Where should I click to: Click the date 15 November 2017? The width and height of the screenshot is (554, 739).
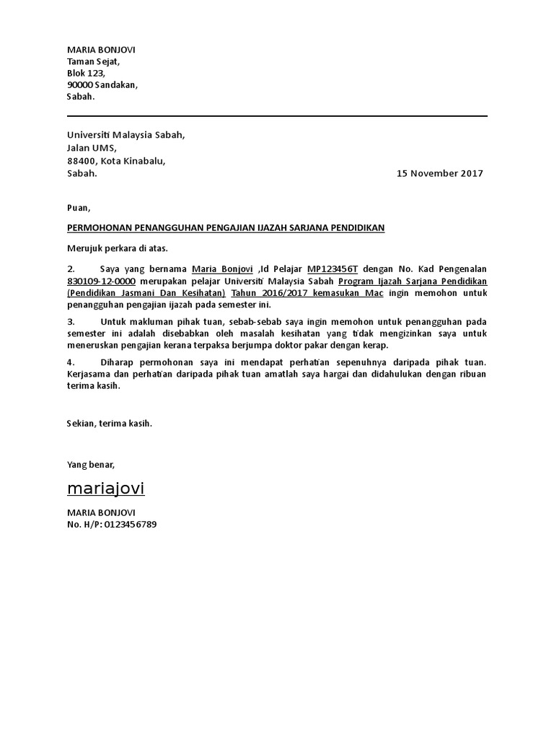tap(440, 173)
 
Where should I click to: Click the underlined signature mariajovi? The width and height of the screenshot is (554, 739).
tap(105, 489)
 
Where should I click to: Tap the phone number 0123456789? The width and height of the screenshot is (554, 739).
tap(131, 524)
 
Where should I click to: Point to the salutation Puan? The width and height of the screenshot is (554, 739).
tap(77, 207)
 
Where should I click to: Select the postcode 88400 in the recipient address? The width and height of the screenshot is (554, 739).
tap(80, 160)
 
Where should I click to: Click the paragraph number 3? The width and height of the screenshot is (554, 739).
tap(71, 321)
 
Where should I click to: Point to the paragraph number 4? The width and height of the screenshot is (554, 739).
tap(71, 362)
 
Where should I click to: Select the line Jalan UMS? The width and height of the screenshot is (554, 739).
tap(92, 148)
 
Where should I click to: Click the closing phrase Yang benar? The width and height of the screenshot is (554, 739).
tap(90, 463)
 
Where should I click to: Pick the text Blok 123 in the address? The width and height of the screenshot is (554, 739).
tap(86, 73)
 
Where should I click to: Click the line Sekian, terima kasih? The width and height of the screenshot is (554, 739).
tap(110, 424)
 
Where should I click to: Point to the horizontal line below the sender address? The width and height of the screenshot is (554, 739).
tap(277, 116)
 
